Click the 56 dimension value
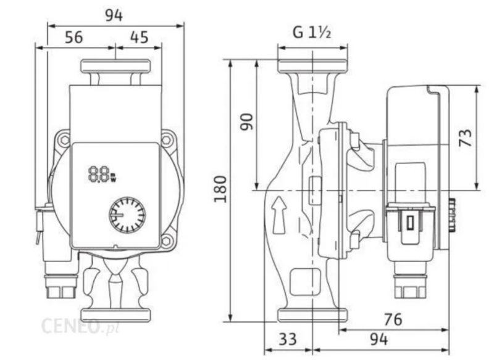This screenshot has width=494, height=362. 74,37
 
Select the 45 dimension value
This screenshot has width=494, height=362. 139,37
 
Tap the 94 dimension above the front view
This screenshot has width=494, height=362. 114,15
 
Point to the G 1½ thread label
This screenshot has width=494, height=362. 312,32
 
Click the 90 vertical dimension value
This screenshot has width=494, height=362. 246,121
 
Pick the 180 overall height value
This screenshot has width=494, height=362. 220,189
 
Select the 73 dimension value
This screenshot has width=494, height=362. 466,138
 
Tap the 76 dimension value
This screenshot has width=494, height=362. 393,319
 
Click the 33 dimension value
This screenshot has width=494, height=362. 288,339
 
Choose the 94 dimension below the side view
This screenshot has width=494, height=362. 379,339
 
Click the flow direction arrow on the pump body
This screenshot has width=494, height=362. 279,215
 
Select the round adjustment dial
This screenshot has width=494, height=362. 127,215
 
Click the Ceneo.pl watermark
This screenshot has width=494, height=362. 80,326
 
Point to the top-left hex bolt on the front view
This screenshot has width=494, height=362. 65,139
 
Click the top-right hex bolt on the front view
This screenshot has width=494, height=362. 166,139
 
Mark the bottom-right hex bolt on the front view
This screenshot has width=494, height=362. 166,241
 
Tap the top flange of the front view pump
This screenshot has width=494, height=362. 115,67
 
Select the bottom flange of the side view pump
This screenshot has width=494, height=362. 312,315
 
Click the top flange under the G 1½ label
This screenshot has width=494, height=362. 312,66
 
